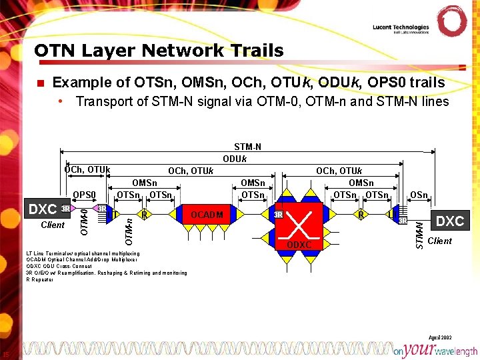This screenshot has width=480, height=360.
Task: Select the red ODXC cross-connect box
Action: click(x=299, y=224)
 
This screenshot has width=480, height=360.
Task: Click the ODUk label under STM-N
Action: click(x=235, y=159)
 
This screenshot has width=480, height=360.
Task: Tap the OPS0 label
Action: click(x=85, y=195)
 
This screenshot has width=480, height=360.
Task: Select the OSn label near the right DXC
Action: click(x=419, y=195)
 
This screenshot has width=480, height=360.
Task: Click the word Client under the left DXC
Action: click(x=53, y=225)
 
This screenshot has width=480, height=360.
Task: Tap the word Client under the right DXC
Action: click(x=439, y=241)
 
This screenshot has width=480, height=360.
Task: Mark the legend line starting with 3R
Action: click(x=106, y=273)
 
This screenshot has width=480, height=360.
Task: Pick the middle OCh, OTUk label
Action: click(x=191, y=171)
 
